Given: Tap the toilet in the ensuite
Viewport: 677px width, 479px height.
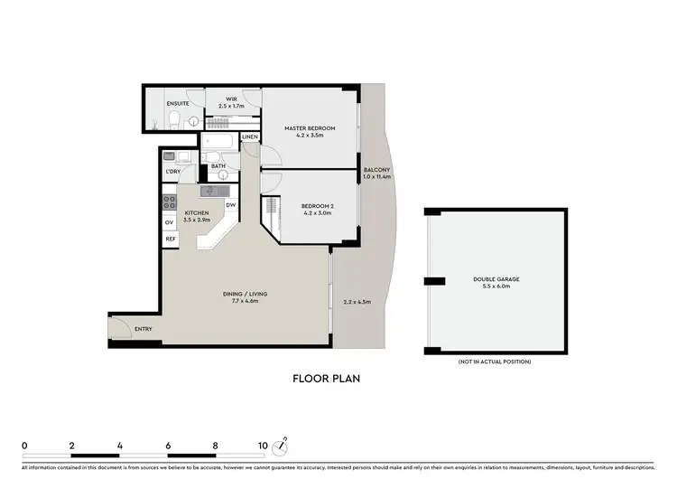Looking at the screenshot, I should click(174, 122).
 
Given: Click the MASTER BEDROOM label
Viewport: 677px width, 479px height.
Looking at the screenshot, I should click(310, 128).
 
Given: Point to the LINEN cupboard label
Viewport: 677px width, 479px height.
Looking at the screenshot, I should click(250, 137).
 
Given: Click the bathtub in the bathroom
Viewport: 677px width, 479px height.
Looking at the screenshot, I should click(218, 143).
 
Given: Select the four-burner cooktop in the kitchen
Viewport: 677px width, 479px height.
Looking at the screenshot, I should click(168, 201).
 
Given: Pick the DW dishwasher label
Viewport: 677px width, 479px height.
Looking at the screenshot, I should click(230, 205).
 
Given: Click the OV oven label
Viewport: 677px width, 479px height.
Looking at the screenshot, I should click(169, 222).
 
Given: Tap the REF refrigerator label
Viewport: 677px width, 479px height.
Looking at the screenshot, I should click(170, 239).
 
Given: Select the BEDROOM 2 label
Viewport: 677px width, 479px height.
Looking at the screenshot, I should click(317, 207).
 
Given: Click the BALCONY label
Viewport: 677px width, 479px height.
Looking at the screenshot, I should click(376, 170).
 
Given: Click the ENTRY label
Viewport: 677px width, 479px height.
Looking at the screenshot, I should click(143, 330).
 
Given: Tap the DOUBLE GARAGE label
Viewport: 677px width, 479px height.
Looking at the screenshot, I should click(496, 279).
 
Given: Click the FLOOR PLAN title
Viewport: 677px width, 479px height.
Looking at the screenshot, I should click(326, 379).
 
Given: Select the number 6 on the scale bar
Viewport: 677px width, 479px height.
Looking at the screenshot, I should click(168, 446).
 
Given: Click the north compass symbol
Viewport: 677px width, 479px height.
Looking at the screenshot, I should click(284, 444).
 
